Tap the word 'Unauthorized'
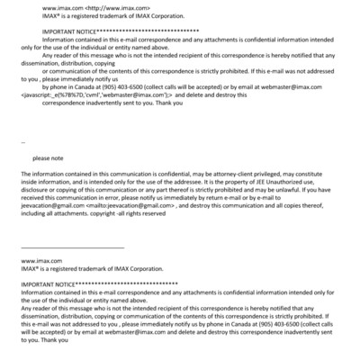pos(340,181)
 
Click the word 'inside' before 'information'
pos(31,181)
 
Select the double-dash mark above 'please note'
pos(22,141)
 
